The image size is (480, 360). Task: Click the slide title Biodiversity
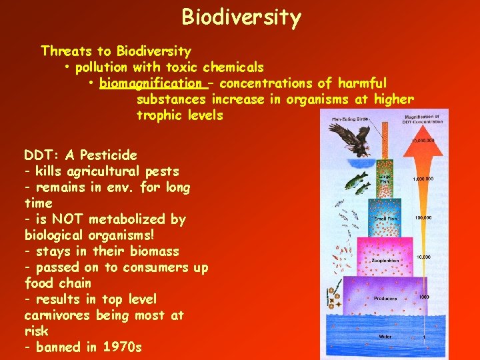(241, 17)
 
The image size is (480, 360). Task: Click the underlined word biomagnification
(151, 83)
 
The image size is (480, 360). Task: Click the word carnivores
(57, 315)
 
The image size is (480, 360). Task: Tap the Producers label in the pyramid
(385, 299)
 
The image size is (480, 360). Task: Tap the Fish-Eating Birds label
(348, 119)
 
